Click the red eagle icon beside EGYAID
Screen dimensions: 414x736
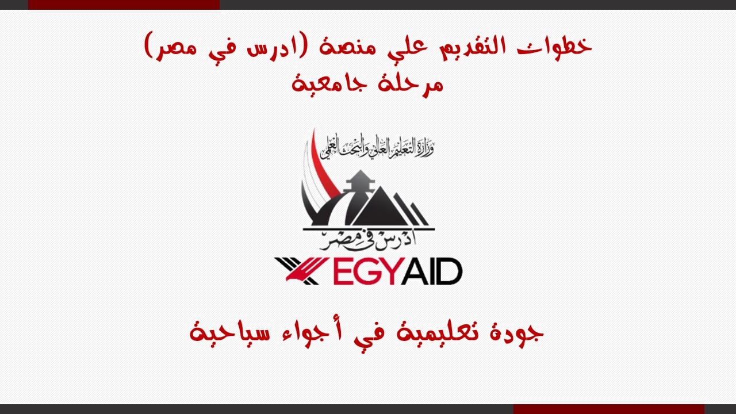click(x=297, y=271)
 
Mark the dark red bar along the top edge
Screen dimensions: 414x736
click(x=124, y=5)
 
